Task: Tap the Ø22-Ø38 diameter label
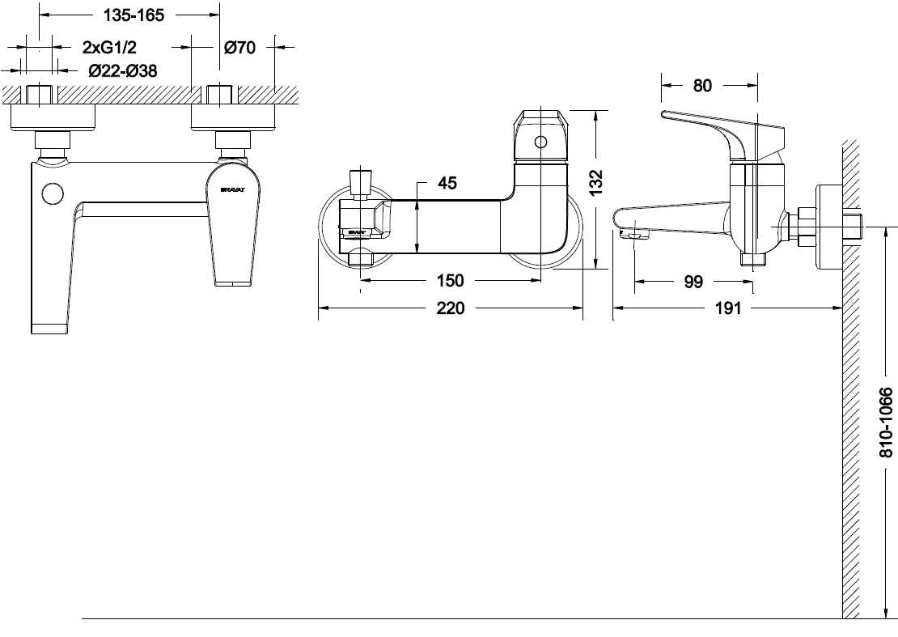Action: tap(123, 71)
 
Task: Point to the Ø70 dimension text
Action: tap(239, 48)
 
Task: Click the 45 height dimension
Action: tap(447, 184)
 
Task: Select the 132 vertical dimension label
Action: tap(597, 183)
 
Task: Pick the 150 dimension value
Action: tap(450, 281)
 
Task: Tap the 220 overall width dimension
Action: tap(450, 308)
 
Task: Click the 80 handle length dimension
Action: tap(702, 85)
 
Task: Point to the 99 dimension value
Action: tap(693, 282)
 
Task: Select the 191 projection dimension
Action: tap(728, 308)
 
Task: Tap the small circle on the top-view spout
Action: tap(53, 194)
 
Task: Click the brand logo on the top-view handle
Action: tap(233, 190)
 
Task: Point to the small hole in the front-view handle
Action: tap(540, 143)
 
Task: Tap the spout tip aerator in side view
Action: tap(636, 236)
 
